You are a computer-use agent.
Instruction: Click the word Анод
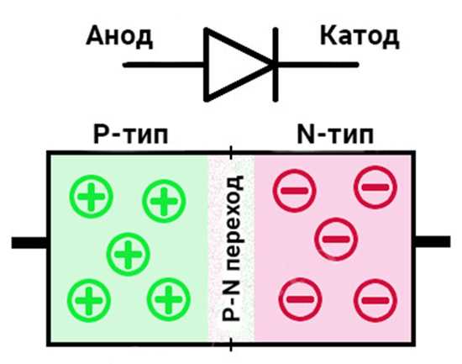[x=119, y=37]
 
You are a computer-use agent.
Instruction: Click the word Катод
[x=360, y=37]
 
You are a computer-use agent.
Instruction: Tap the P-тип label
[x=130, y=135]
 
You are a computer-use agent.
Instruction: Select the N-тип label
[x=335, y=135]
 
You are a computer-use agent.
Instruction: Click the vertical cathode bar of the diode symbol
[x=276, y=65]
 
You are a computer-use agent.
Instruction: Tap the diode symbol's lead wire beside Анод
[x=164, y=65]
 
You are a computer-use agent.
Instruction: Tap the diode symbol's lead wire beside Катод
[x=318, y=65]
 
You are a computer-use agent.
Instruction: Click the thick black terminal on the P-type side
[x=29, y=242]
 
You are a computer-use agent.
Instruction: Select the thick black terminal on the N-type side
[x=433, y=242]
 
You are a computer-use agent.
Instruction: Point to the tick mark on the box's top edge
[x=231, y=152]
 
